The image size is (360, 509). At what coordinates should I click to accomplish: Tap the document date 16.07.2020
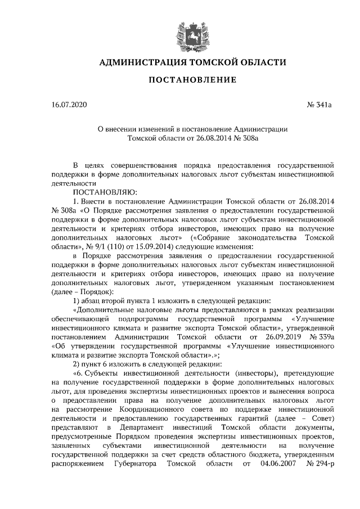66,105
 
